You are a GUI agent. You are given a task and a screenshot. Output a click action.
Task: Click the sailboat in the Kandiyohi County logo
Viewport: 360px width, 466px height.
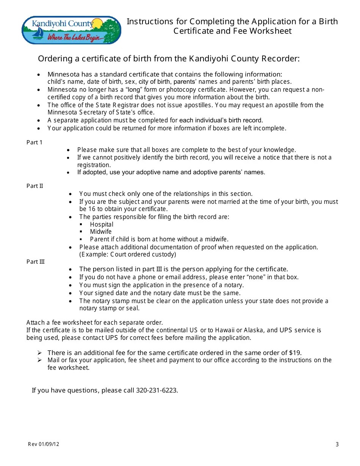click(38, 33)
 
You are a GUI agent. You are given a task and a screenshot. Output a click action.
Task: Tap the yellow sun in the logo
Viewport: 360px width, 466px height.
click(98, 23)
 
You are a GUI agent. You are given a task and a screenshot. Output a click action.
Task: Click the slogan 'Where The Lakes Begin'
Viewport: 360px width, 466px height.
click(75, 37)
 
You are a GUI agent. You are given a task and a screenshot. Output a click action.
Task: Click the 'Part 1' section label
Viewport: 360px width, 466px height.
click(34, 142)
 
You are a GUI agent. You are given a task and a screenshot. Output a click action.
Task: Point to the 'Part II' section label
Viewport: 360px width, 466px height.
click(35, 186)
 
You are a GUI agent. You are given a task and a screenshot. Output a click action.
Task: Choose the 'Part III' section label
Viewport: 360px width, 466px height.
click(36, 262)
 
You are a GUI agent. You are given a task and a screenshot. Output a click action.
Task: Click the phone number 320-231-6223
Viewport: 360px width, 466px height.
click(156, 390)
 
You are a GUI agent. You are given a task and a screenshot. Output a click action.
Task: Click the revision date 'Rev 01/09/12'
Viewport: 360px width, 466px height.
click(44, 444)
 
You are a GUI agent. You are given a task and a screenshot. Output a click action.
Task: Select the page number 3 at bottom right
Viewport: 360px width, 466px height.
click(337, 444)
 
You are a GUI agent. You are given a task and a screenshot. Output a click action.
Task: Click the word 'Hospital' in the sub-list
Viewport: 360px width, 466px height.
click(102, 224)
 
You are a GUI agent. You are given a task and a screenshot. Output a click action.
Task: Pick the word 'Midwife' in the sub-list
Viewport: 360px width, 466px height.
click(101, 232)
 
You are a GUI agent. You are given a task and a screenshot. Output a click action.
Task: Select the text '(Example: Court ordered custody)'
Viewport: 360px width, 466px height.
click(128, 255)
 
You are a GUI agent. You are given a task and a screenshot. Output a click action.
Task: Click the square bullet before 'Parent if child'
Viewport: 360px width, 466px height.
click(81, 239)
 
